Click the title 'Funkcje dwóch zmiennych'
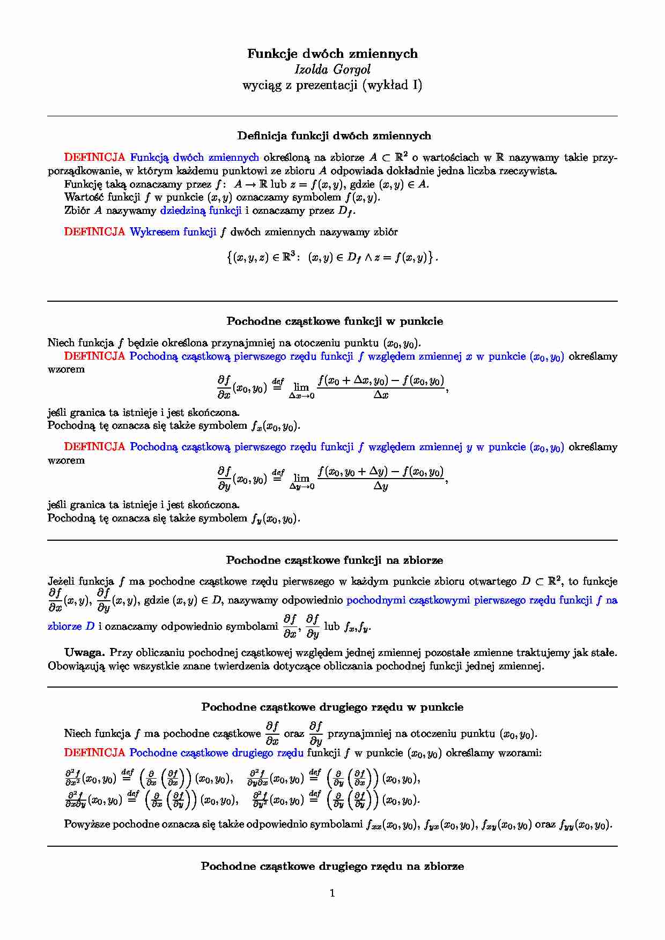pos(332,54)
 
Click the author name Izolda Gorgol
pos(332,69)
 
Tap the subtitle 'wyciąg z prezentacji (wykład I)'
pos(332,85)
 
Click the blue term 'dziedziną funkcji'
pos(201,211)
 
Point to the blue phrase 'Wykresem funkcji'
pos(173,232)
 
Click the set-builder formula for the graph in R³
pos(332,257)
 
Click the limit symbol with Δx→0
pos(301,390)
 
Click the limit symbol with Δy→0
pos(301,481)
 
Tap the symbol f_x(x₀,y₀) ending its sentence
pos(275,427)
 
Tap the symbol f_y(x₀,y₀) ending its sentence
pos(275,519)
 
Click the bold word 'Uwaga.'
pos(84,653)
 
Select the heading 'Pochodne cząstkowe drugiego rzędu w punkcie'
pos(332,707)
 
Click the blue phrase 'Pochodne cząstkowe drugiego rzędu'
pos(217,753)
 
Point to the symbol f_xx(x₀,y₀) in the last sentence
pos(391,825)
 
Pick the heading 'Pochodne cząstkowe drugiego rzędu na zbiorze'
pos(332,867)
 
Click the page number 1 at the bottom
pos(332,893)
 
